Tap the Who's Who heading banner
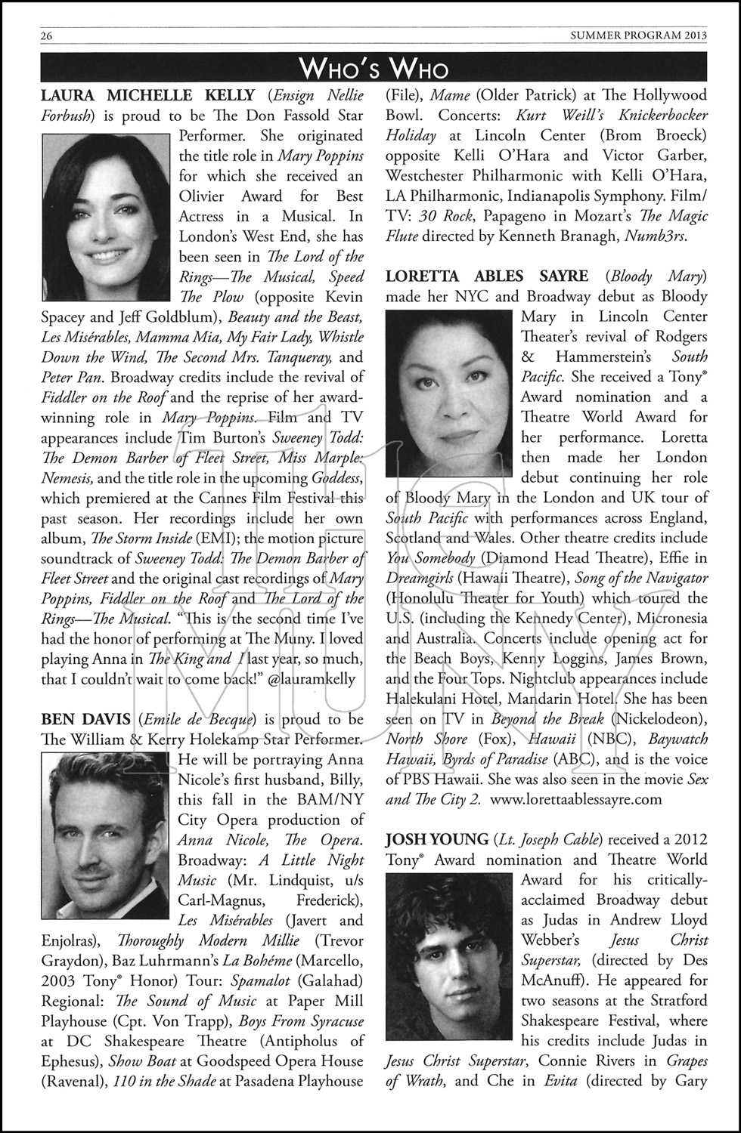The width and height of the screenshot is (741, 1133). (374, 69)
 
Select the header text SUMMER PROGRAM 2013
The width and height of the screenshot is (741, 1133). (638, 36)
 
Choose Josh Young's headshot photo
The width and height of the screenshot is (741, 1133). (450, 951)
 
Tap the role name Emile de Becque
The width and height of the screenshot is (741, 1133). (197, 718)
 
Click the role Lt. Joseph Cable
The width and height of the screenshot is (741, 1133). (547, 839)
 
